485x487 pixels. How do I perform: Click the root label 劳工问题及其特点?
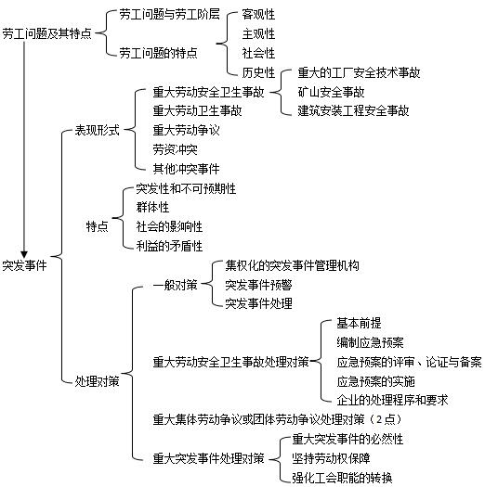click(47, 33)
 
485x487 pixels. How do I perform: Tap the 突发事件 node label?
click(24, 265)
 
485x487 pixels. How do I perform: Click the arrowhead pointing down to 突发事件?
click(24, 255)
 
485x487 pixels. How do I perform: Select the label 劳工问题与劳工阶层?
click(169, 14)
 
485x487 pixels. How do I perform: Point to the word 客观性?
click(258, 14)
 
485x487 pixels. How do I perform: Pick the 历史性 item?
click(258, 72)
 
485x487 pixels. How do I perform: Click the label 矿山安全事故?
click(331, 92)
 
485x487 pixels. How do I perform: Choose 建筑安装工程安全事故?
click(353, 111)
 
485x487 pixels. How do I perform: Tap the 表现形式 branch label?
click(97, 130)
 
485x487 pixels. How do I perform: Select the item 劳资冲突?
click(176, 149)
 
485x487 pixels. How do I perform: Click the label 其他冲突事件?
click(186, 169)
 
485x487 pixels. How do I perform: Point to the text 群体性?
click(152, 208)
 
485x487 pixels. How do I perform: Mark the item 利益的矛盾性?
click(169, 246)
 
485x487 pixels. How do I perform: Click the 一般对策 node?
click(176, 285)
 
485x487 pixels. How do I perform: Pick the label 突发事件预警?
click(258, 285)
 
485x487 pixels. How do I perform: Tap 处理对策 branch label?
click(97, 381)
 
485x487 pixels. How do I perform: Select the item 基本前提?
click(359, 324)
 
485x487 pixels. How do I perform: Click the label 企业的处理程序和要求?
click(392, 400)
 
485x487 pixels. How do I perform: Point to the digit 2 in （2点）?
click(379, 419)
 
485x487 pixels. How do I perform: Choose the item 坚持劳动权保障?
click(331, 458)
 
